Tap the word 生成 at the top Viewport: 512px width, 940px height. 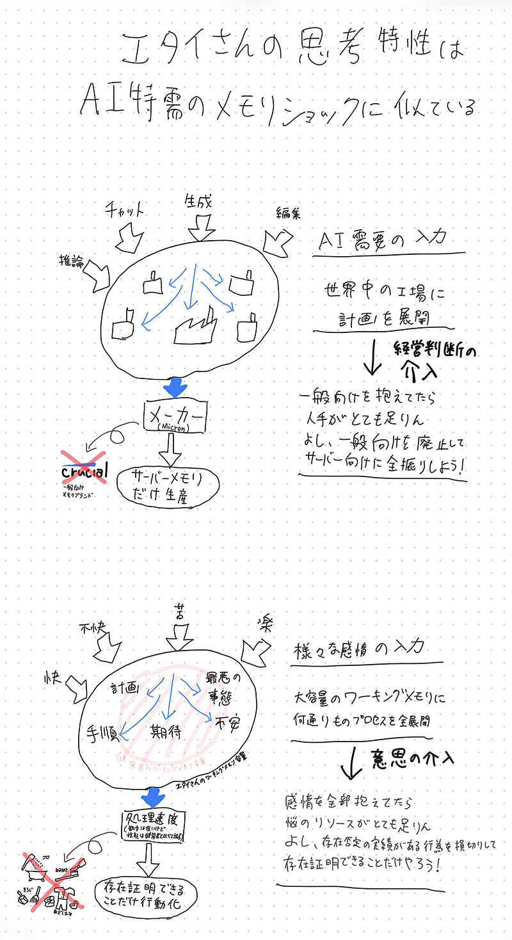pos(199,202)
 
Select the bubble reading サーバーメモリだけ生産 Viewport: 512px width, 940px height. pos(168,485)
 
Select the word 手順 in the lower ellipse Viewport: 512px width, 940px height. pos(99,731)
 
